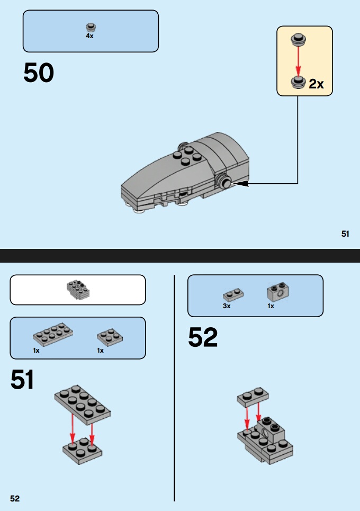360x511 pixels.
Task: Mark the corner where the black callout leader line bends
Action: (x=298, y=183)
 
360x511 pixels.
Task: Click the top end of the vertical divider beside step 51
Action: (x=174, y=275)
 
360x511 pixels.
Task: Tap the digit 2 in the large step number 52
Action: (x=210, y=337)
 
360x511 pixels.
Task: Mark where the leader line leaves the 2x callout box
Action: (x=298, y=96)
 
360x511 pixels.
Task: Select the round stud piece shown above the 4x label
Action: (x=91, y=28)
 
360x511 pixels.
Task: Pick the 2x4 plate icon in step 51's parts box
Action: (x=53, y=334)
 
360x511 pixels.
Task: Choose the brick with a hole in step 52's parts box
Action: (x=279, y=292)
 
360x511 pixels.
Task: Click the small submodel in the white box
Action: (x=78, y=290)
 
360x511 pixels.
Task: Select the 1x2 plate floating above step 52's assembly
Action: (x=253, y=397)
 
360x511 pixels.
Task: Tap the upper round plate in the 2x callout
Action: (x=298, y=39)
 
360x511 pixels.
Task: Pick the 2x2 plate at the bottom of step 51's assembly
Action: (x=82, y=451)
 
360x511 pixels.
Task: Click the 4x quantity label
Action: (x=89, y=36)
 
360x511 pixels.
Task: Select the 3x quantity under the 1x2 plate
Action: (x=227, y=306)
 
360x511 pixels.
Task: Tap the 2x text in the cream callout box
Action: (x=317, y=84)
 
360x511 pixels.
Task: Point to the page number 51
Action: (x=345, y=234)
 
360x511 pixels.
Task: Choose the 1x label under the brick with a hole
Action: (x=271, y=306)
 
